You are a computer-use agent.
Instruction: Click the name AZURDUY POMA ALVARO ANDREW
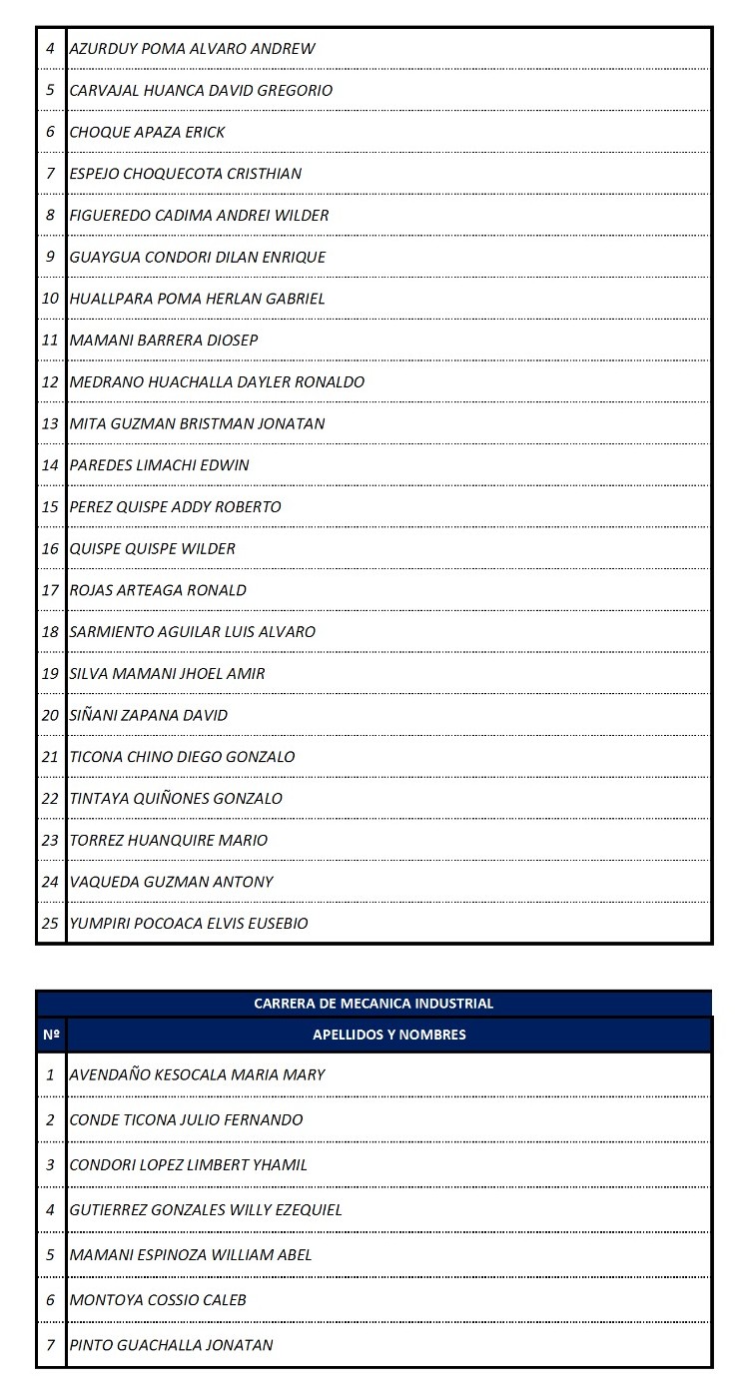coord(192,48)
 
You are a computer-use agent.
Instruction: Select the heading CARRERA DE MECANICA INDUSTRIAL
coord(373,1004)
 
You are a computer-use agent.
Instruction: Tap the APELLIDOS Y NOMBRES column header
coord(389,1035)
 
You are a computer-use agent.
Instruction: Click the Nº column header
coord(51,1035)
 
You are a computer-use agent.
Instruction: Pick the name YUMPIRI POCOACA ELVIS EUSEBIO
coord(189,923)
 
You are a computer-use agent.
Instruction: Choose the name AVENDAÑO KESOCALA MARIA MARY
coord(197,1074)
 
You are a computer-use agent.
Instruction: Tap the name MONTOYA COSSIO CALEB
coord(158,1299)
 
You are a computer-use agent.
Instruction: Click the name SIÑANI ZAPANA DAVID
coord(149,715)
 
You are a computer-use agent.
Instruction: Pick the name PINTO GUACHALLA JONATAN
coord(171,1344)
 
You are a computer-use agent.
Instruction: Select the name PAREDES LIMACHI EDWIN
coord(160,464)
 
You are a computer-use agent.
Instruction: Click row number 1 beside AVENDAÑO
coord(51,1074)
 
